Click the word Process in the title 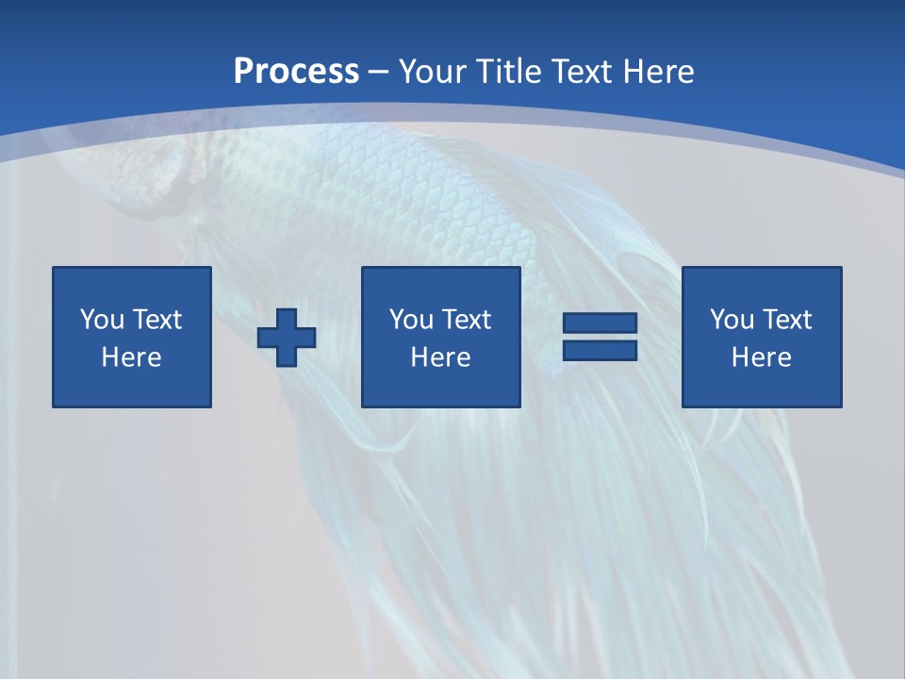(296, 72)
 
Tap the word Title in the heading (509, 72)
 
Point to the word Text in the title (585, 72)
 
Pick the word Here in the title (661, 72)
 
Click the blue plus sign (287, 338)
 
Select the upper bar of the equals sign (600, 323)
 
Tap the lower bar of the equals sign (600, 350)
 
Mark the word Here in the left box (131, 357)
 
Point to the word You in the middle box (410, 320)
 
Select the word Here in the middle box (440, 357)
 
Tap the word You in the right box (731, 320)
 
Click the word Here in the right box (761, 357)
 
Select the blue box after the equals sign (762, 387)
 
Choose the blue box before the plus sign (132, 387)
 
